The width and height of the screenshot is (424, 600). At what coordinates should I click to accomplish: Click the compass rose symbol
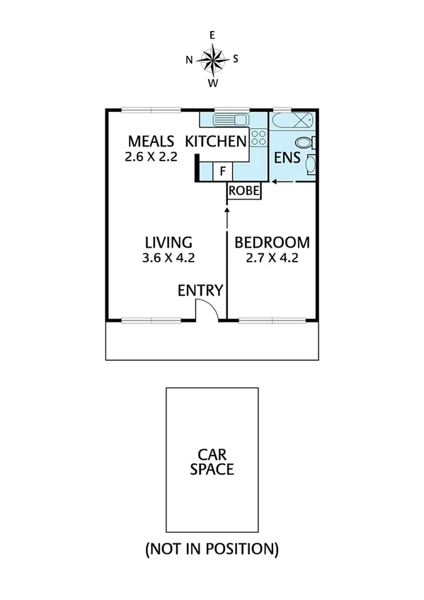[x=212, y=59]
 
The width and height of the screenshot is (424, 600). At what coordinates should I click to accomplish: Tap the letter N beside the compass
[x=189, y=59]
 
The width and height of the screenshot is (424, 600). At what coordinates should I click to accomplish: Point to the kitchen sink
[x=231, y=120]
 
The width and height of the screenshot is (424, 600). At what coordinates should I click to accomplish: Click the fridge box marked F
[x=222, y=171]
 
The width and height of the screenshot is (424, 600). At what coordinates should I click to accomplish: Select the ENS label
[x=286, y=157]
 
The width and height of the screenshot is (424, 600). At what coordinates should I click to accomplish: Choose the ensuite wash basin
[x=311, y=167]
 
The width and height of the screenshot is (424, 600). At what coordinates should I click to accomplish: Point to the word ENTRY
[x=200, y=290]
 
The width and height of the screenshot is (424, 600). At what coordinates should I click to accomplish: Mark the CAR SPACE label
[x=211, y=462]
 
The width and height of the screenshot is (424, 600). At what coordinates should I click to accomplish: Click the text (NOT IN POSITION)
[x=211, y=548]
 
